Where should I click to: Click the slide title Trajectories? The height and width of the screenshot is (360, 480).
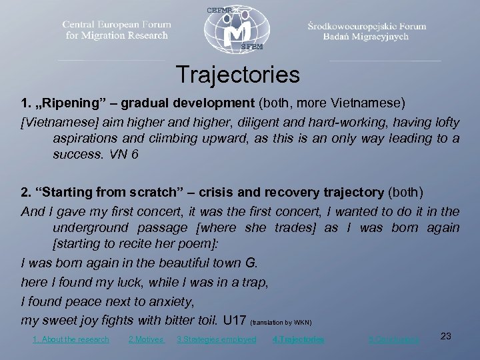(238, 75)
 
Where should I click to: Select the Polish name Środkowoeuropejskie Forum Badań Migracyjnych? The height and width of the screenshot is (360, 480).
(367, 31)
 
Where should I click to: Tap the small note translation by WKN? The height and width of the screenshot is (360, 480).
(281, 322)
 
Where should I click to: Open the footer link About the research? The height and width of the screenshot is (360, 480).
(71, 339)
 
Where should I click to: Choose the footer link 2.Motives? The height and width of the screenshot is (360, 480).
(145, 339)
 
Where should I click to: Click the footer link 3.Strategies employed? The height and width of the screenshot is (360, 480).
(216, 339)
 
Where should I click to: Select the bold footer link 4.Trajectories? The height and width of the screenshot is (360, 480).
(299, 339)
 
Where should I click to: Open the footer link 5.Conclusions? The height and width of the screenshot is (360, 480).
(394, 339)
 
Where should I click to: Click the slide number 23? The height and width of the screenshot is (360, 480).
(446, 337)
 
